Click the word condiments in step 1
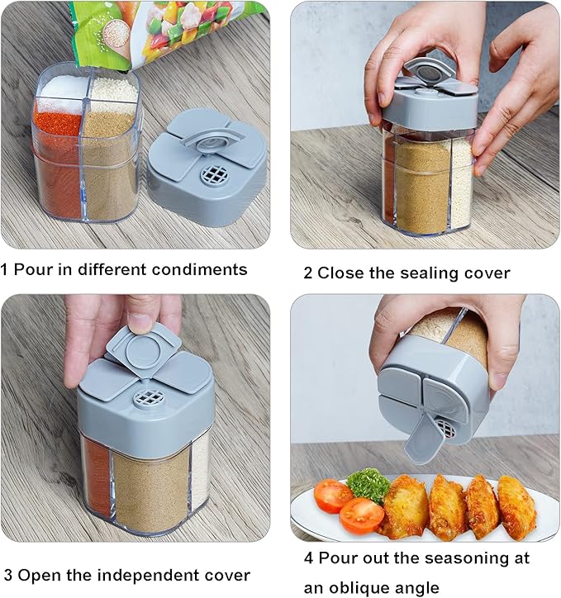[199, 269]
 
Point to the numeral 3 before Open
[8, 575]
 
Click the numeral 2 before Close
[308, 273]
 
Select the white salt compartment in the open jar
[64, 89]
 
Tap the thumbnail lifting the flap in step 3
[139, 323]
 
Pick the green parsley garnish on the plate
[368, 485]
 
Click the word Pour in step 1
[33, 269]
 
